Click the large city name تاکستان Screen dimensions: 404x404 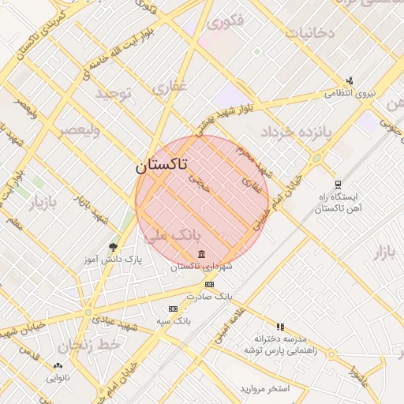coord(161,166)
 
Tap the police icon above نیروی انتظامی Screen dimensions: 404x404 coord(350,80)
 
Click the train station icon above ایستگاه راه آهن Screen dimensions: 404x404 coord(338,183)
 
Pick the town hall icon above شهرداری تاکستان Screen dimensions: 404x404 coord(202,254)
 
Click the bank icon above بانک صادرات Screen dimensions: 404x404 coord(209,284)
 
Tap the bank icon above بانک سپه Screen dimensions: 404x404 coord(173,309)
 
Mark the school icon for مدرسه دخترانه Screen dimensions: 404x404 coord(280,326)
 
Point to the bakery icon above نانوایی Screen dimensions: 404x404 coord(57,365)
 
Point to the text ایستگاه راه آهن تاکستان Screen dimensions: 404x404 coord(337,203)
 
